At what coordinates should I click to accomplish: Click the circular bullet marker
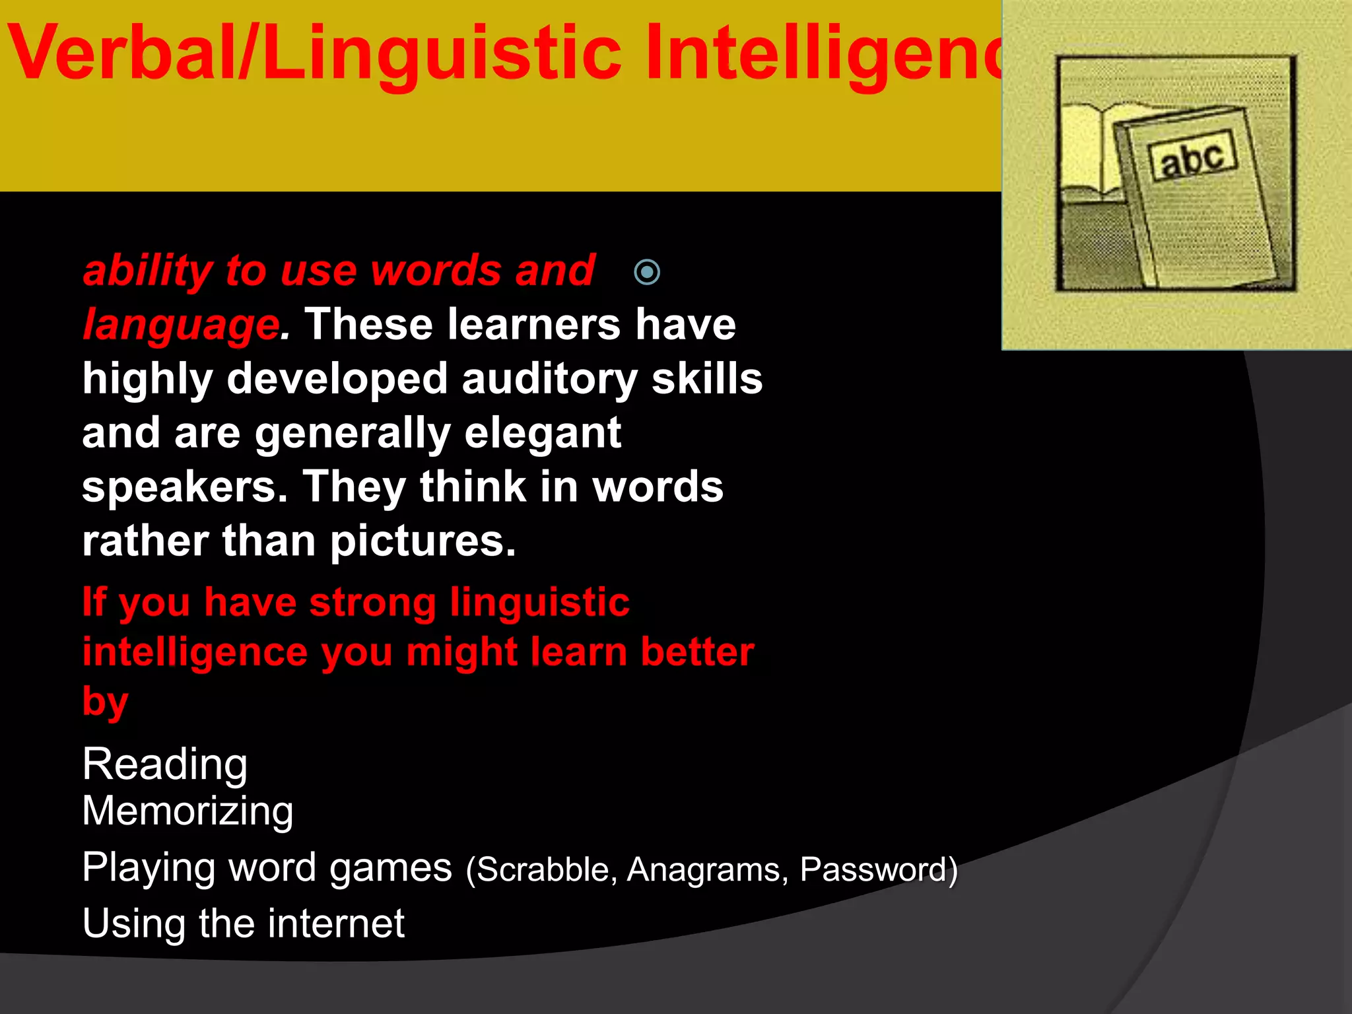point(647,272)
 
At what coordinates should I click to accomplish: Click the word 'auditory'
point(550,379)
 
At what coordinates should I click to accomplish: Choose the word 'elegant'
point(543,433)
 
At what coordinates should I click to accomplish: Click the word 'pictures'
point(422,541)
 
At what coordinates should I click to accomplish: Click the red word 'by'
point(105,701)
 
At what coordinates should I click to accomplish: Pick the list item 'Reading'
point(165,764)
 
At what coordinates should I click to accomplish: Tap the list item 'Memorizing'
point(187,811)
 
